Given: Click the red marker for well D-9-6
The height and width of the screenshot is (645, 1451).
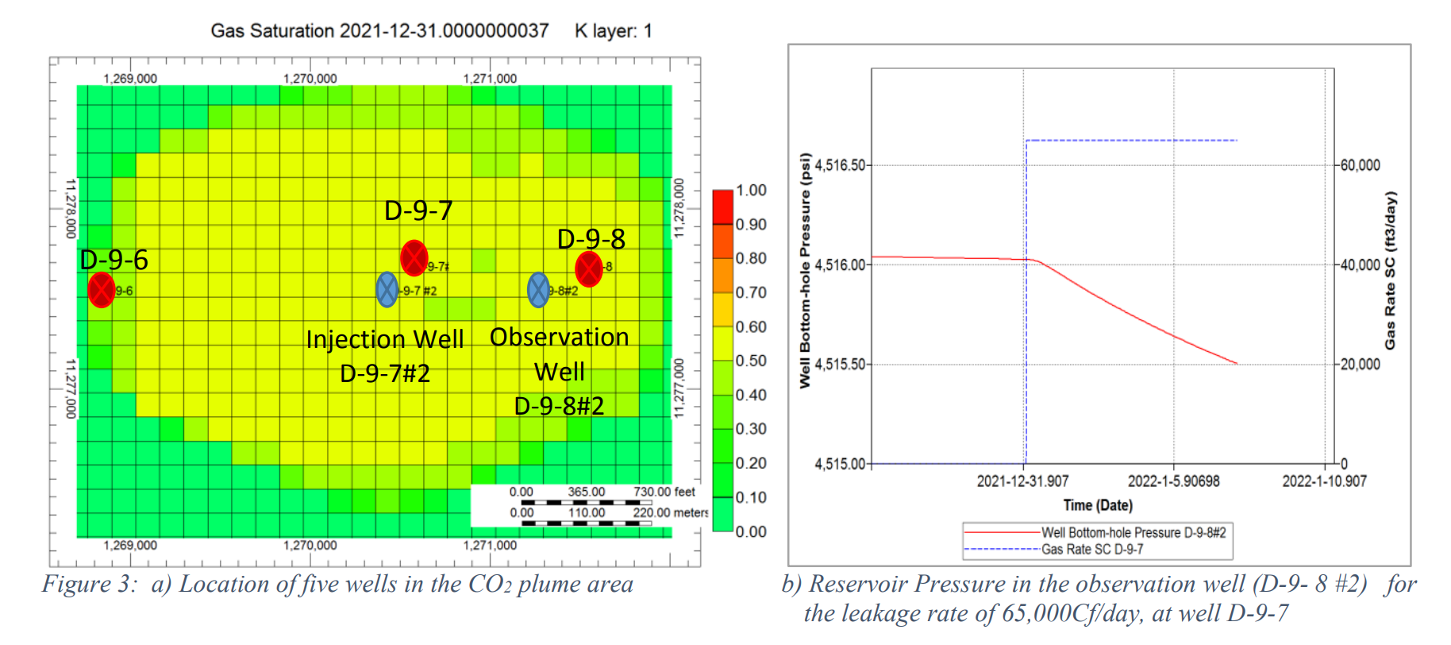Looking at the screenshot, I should click(x=102, y=290).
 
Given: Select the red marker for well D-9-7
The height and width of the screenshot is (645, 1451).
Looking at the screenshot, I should click(x=414, y=257).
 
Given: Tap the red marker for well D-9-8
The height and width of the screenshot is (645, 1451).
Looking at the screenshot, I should click(x=588, y=269).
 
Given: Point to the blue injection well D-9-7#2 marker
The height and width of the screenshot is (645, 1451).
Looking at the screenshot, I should click(x=387, y=290).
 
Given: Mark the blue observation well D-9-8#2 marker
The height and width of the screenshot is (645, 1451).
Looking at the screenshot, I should click(x=538, y=290).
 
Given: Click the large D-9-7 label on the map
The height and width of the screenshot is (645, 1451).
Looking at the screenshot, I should click(x=418, y=211).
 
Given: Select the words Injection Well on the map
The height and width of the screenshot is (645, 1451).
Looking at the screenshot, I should click(x=385, y=339).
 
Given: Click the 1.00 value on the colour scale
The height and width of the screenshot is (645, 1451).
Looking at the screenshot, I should click(x=751, y=191).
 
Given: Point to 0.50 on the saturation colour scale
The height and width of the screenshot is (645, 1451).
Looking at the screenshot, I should click(x=751, y=361).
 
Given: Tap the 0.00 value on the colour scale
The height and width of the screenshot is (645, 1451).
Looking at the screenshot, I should click(x=751, y=531).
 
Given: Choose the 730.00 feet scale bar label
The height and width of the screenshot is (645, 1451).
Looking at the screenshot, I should click(x=664, y=492).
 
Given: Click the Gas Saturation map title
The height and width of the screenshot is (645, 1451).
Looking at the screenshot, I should click(x=379, y=31).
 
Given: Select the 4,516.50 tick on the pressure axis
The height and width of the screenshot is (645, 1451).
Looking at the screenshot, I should click(x=840, y=165).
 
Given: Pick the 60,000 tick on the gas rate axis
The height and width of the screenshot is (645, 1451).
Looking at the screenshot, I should click(x=1360, y=165).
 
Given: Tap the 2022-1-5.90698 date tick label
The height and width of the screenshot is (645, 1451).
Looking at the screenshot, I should click(x=1173, y=481).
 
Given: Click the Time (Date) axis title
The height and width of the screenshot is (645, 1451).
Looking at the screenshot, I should click(x=1098, y=505).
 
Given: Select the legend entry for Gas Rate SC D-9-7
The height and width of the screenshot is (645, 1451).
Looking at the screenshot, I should click(x=1092, y=550).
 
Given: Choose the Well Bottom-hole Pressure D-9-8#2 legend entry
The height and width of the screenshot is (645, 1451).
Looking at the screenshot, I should click(x=1133, y=532).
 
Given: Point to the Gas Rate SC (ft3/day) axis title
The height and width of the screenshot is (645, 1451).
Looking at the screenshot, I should click(x=1390, y=270).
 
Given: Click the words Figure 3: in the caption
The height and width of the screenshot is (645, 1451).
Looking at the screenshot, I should click(x=90, y=585).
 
